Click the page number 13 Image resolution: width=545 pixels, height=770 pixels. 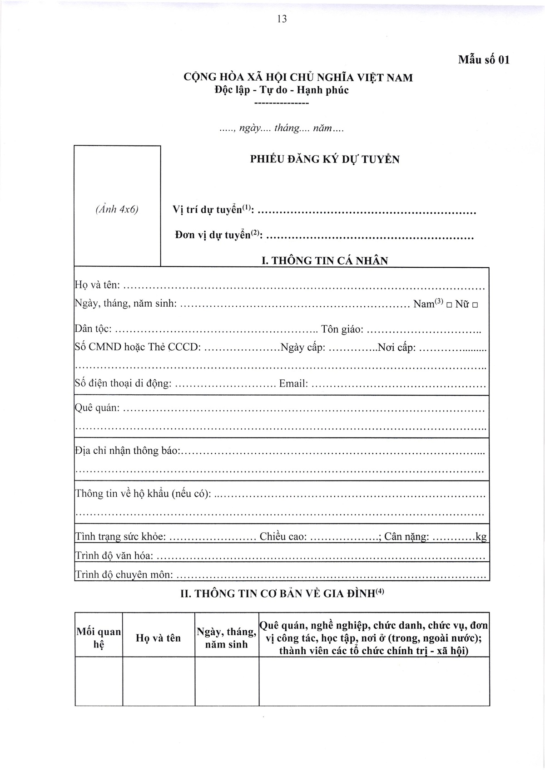pos(282,19)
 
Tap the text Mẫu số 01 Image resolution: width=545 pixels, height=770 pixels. pos(484,60)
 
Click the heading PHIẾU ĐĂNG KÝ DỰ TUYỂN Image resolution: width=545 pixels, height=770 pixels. pos(325,159)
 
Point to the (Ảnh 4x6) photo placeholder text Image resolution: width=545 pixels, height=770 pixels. pos(117,209)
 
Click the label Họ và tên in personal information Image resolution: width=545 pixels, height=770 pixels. pos(97,285)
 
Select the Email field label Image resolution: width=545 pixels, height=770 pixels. pos(293,384)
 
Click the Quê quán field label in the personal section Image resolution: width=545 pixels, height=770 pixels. pos(97,408)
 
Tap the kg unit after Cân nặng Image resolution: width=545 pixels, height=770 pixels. pos(481,537)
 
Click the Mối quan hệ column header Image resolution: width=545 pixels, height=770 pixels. pos(99,638)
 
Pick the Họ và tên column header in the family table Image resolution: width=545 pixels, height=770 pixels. pos(158,638)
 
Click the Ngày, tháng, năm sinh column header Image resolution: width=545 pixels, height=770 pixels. pos(227,638)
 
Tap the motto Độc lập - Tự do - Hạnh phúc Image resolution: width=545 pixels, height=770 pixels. pos(282,90)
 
